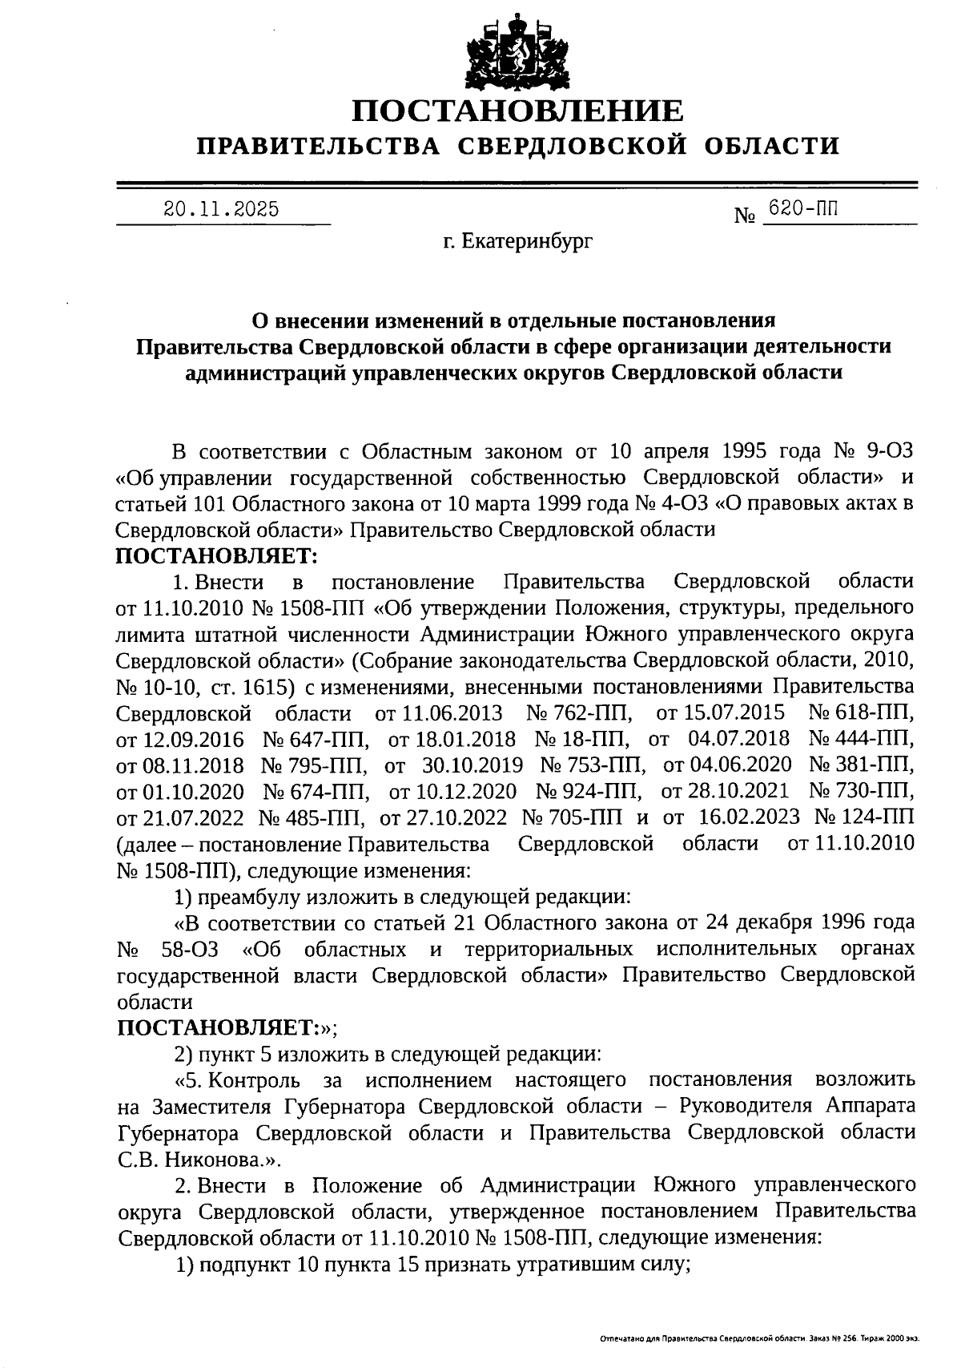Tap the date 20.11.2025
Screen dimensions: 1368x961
pyautogui.click(x=221, y=210)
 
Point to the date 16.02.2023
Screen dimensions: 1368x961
pyautogui.click(x=747, y=817)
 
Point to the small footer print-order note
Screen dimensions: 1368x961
pyautogui.click(x=758, y=1338)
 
